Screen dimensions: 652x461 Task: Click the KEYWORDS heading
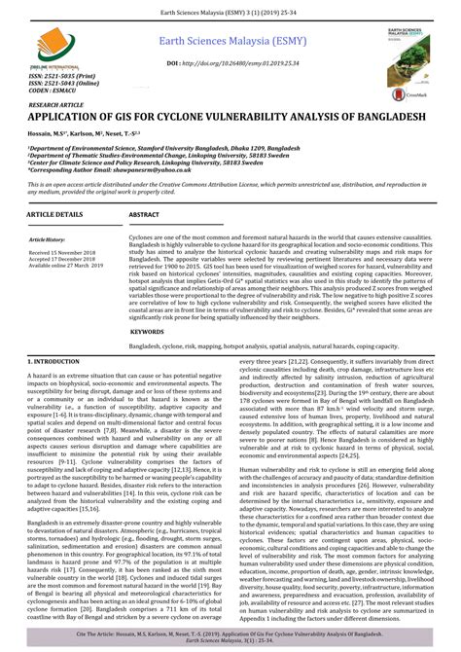(x=147, y=331)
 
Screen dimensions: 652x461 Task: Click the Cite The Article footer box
(x=230, y=634)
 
